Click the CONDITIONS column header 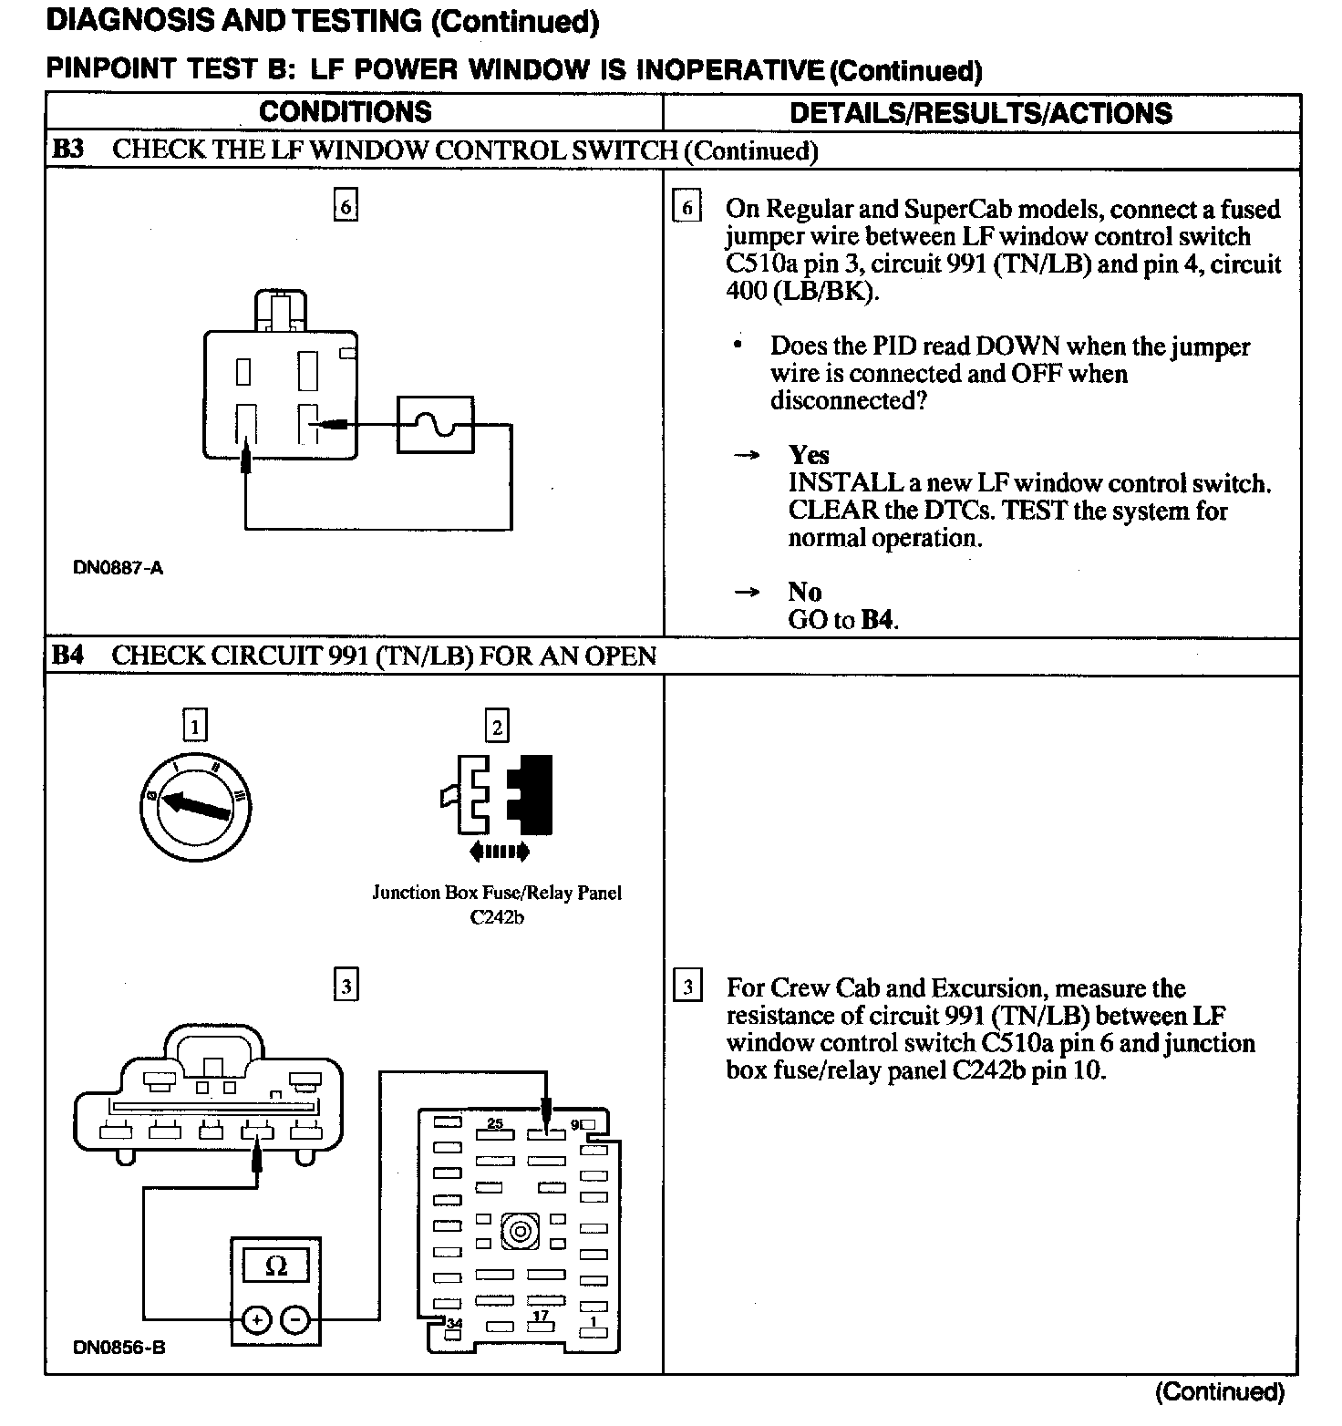(345, 112)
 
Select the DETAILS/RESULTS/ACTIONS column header (980, 113)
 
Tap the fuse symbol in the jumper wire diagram (435, 424)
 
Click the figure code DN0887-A (118, 568)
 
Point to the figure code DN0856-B (119, 1348)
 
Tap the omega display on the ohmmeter (275, 1266)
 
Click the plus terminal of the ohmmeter (256, 1319)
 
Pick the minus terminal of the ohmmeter (294, 1319)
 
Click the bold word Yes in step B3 (809, 455)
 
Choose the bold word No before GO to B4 (804, 593)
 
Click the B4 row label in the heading (68, 656)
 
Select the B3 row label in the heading (68, 150)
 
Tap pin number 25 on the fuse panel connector (495, 1122)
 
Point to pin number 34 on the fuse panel (453, 1323)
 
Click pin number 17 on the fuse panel (541, 1315)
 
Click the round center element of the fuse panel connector (520, 1233)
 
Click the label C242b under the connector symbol (497, 917)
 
